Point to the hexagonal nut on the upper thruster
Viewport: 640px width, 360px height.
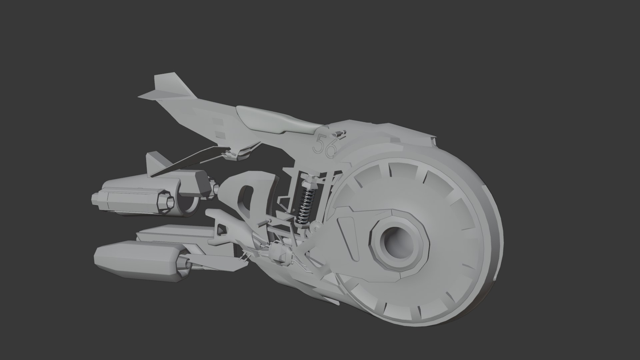[x=165, y=201]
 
